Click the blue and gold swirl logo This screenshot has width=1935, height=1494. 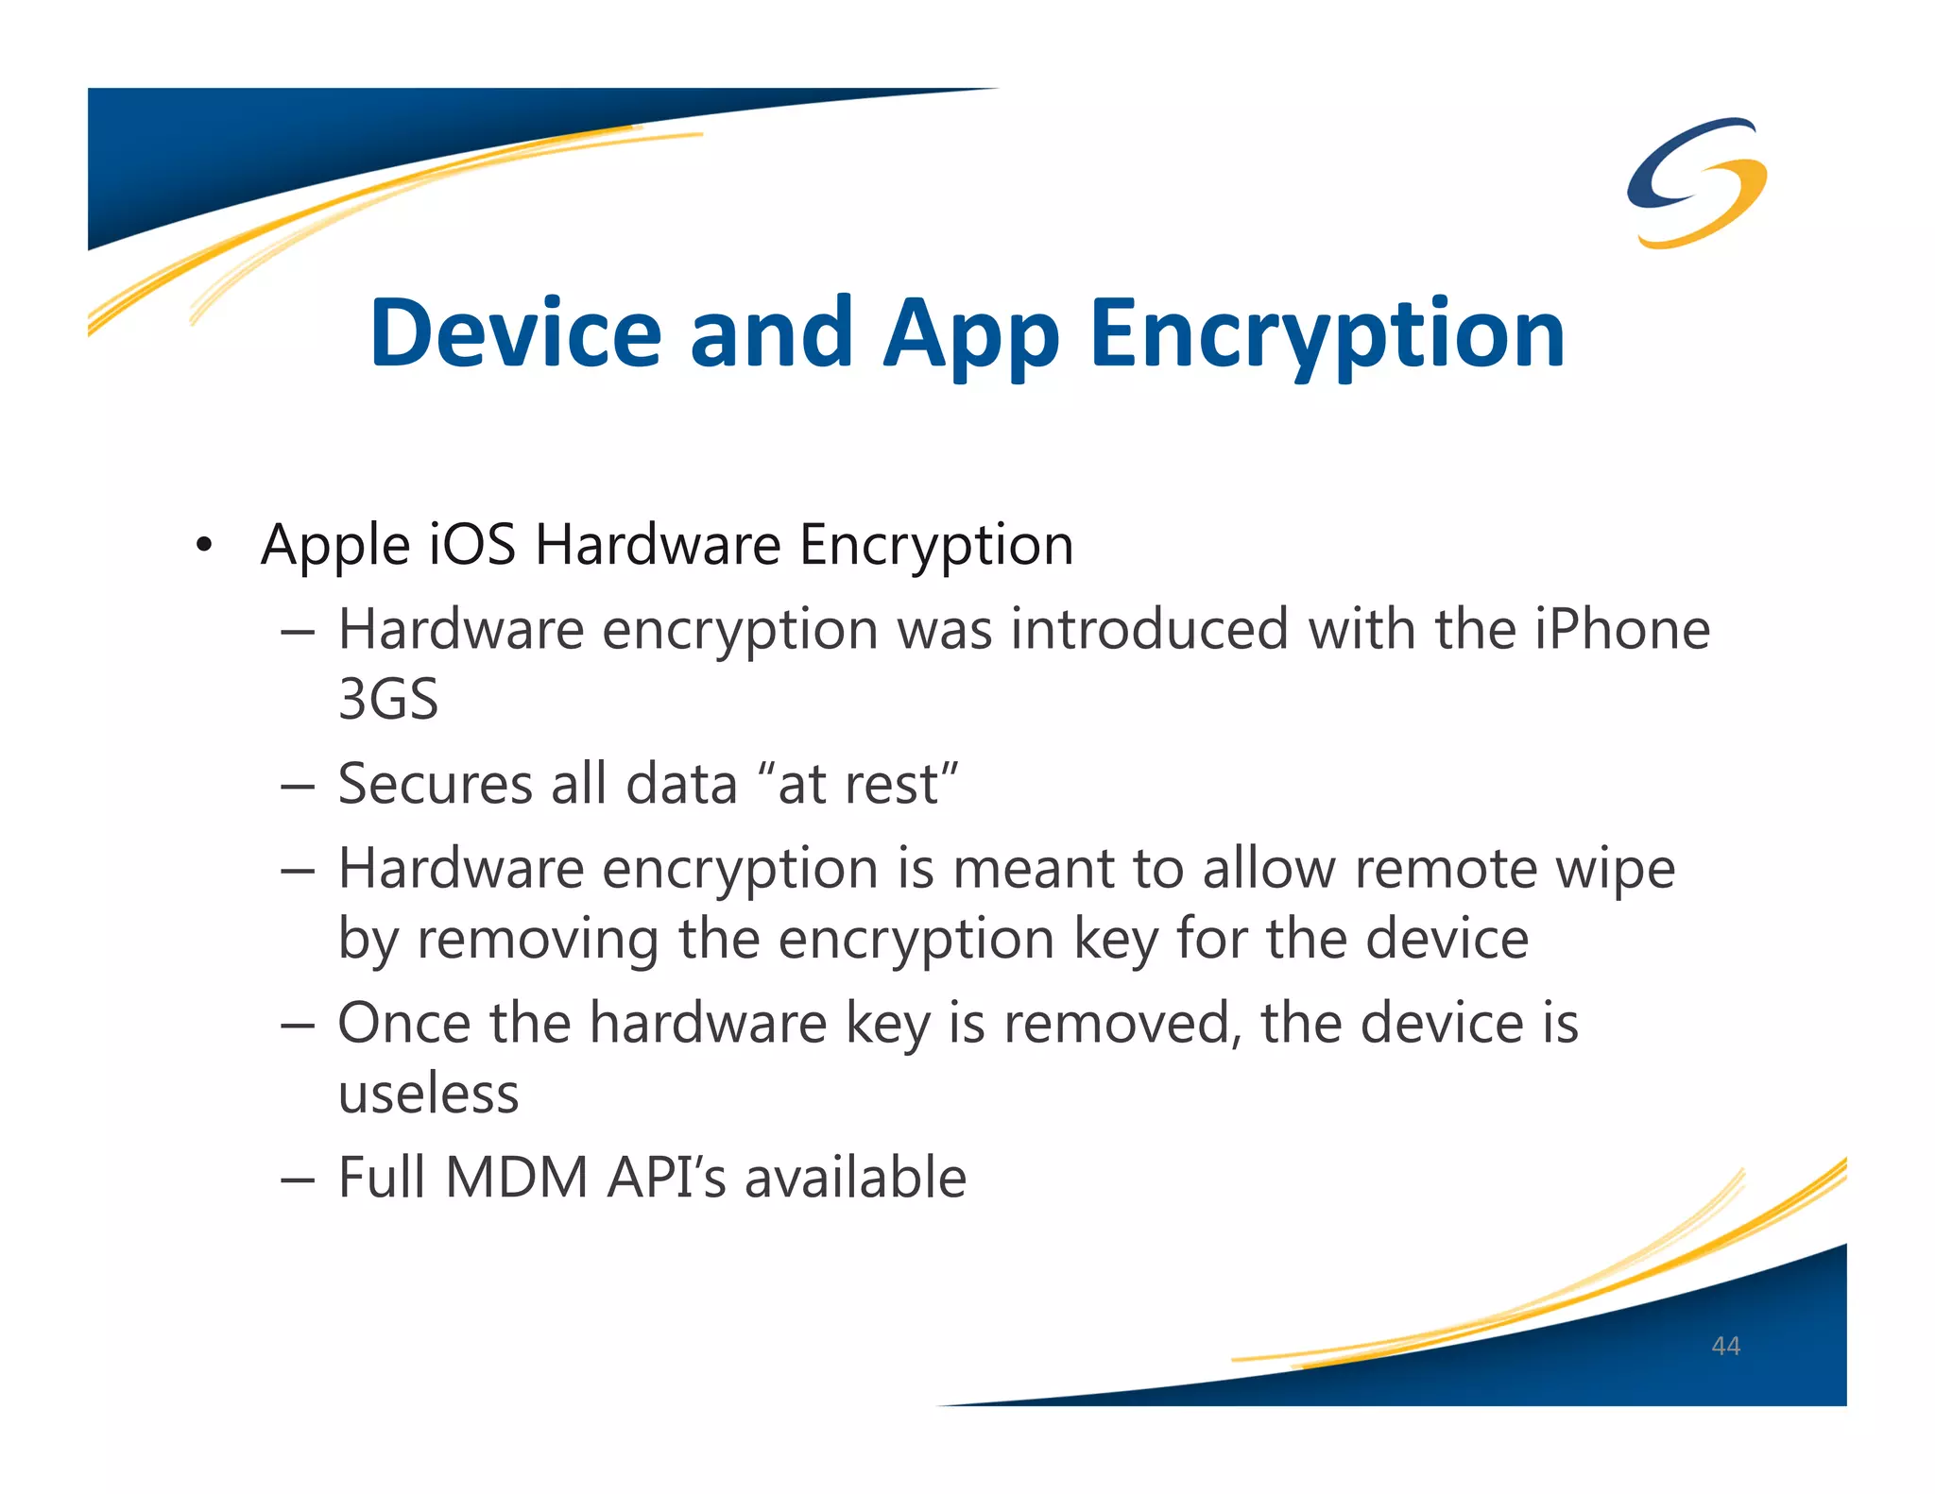click(1697, 182)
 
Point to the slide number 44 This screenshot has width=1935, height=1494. click(1725, 1346)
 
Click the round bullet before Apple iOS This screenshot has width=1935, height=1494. click(203, 546)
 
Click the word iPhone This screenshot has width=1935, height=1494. click(1621, 629)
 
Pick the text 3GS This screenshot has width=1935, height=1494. click(388, 699)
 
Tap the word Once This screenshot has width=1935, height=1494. click(405, 1023)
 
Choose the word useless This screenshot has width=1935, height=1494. click(428, 1094)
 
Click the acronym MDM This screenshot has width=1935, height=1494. click(517, 1178)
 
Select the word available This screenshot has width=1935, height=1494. click(855, 1178)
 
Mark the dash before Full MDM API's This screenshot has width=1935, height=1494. click(297, 1180)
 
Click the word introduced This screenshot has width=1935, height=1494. click(1149, 629)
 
